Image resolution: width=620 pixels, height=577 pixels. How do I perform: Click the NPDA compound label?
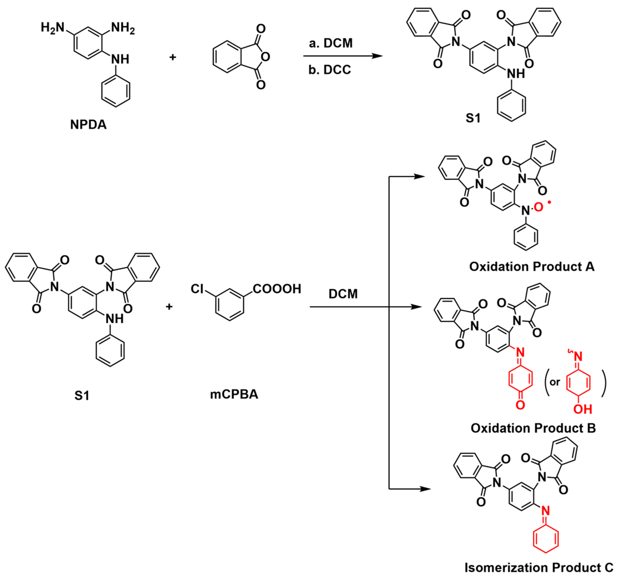click(x=88, y=125)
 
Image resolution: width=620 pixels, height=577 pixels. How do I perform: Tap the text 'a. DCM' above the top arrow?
click(x=331, y=43)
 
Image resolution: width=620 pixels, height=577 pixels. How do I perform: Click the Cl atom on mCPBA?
click(x=197, y=289)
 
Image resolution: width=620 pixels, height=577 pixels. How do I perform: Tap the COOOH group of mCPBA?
click(x=277, y=289)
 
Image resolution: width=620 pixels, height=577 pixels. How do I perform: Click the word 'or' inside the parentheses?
click(x=555, y=382)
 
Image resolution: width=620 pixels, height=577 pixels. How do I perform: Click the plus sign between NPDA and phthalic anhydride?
click(x=172, y=57)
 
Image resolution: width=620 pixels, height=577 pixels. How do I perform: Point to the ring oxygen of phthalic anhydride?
click(x=265, y=57)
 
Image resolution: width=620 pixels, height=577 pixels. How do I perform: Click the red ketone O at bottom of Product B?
click(x=520, y=405)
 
